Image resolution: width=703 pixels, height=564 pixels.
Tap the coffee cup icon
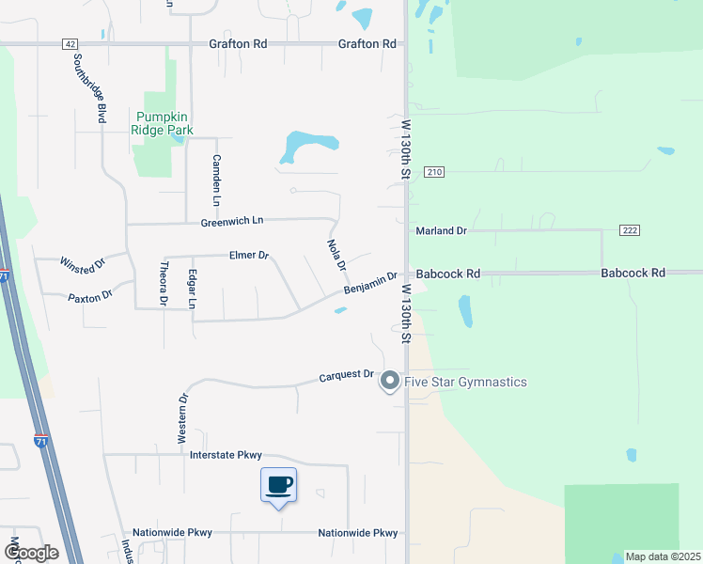pyautogui.click(x=279, y=485)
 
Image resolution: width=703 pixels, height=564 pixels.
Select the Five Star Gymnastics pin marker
pyautogui.click(x=389, y=382)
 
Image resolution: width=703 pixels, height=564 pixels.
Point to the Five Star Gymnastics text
pyautogui.click(x=465, y=382)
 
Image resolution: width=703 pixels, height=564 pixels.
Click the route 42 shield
pyautogui.click(x=70, y=44)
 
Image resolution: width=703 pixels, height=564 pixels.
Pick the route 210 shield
pyautogui.click(x=433, y=172)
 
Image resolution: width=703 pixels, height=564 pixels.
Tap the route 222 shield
pyautogui.click(x=630, y=230)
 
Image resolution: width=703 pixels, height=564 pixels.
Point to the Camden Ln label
pyautogui.click(x=216, y=180)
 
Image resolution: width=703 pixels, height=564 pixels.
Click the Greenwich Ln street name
pyautogui.click(x=231, y=221)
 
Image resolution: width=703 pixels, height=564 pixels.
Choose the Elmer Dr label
pyautogui.click(x=249, y=255)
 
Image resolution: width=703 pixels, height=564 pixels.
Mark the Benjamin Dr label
pyautogui.click(x=370, y=282)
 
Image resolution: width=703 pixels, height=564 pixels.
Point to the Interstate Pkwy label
pyautogui.click(x=226, y=455)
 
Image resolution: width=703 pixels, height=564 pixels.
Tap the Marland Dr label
pyautogui.click(x=442, y=230)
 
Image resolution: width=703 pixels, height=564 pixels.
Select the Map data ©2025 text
pyautogui.click(x=663, y=556)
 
